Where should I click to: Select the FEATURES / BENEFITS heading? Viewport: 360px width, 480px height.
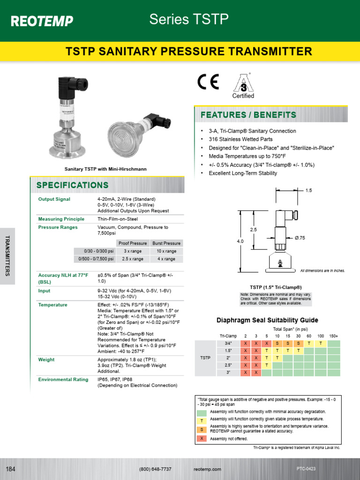click(248, 115)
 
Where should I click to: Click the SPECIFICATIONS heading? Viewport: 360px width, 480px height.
click(72, 185)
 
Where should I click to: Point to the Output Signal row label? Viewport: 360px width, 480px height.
click(54, 199)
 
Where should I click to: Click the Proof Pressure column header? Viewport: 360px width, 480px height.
click(133, 243)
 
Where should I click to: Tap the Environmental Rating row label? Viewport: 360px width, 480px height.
click(63, 379)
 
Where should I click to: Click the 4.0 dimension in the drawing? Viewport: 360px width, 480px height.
click(240, 241)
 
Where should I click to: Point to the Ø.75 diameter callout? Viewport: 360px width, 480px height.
click(300, 238)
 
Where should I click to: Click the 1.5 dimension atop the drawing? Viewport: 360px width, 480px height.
click(308, 190)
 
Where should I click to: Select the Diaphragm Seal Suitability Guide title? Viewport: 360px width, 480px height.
click(267, 321)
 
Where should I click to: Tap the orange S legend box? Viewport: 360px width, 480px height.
click(202, 429)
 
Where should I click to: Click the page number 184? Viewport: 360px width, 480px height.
click(11, 469)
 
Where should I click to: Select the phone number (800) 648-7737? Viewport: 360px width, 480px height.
click(155, 469)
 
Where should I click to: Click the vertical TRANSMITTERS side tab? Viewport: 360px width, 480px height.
click(7, 256)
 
